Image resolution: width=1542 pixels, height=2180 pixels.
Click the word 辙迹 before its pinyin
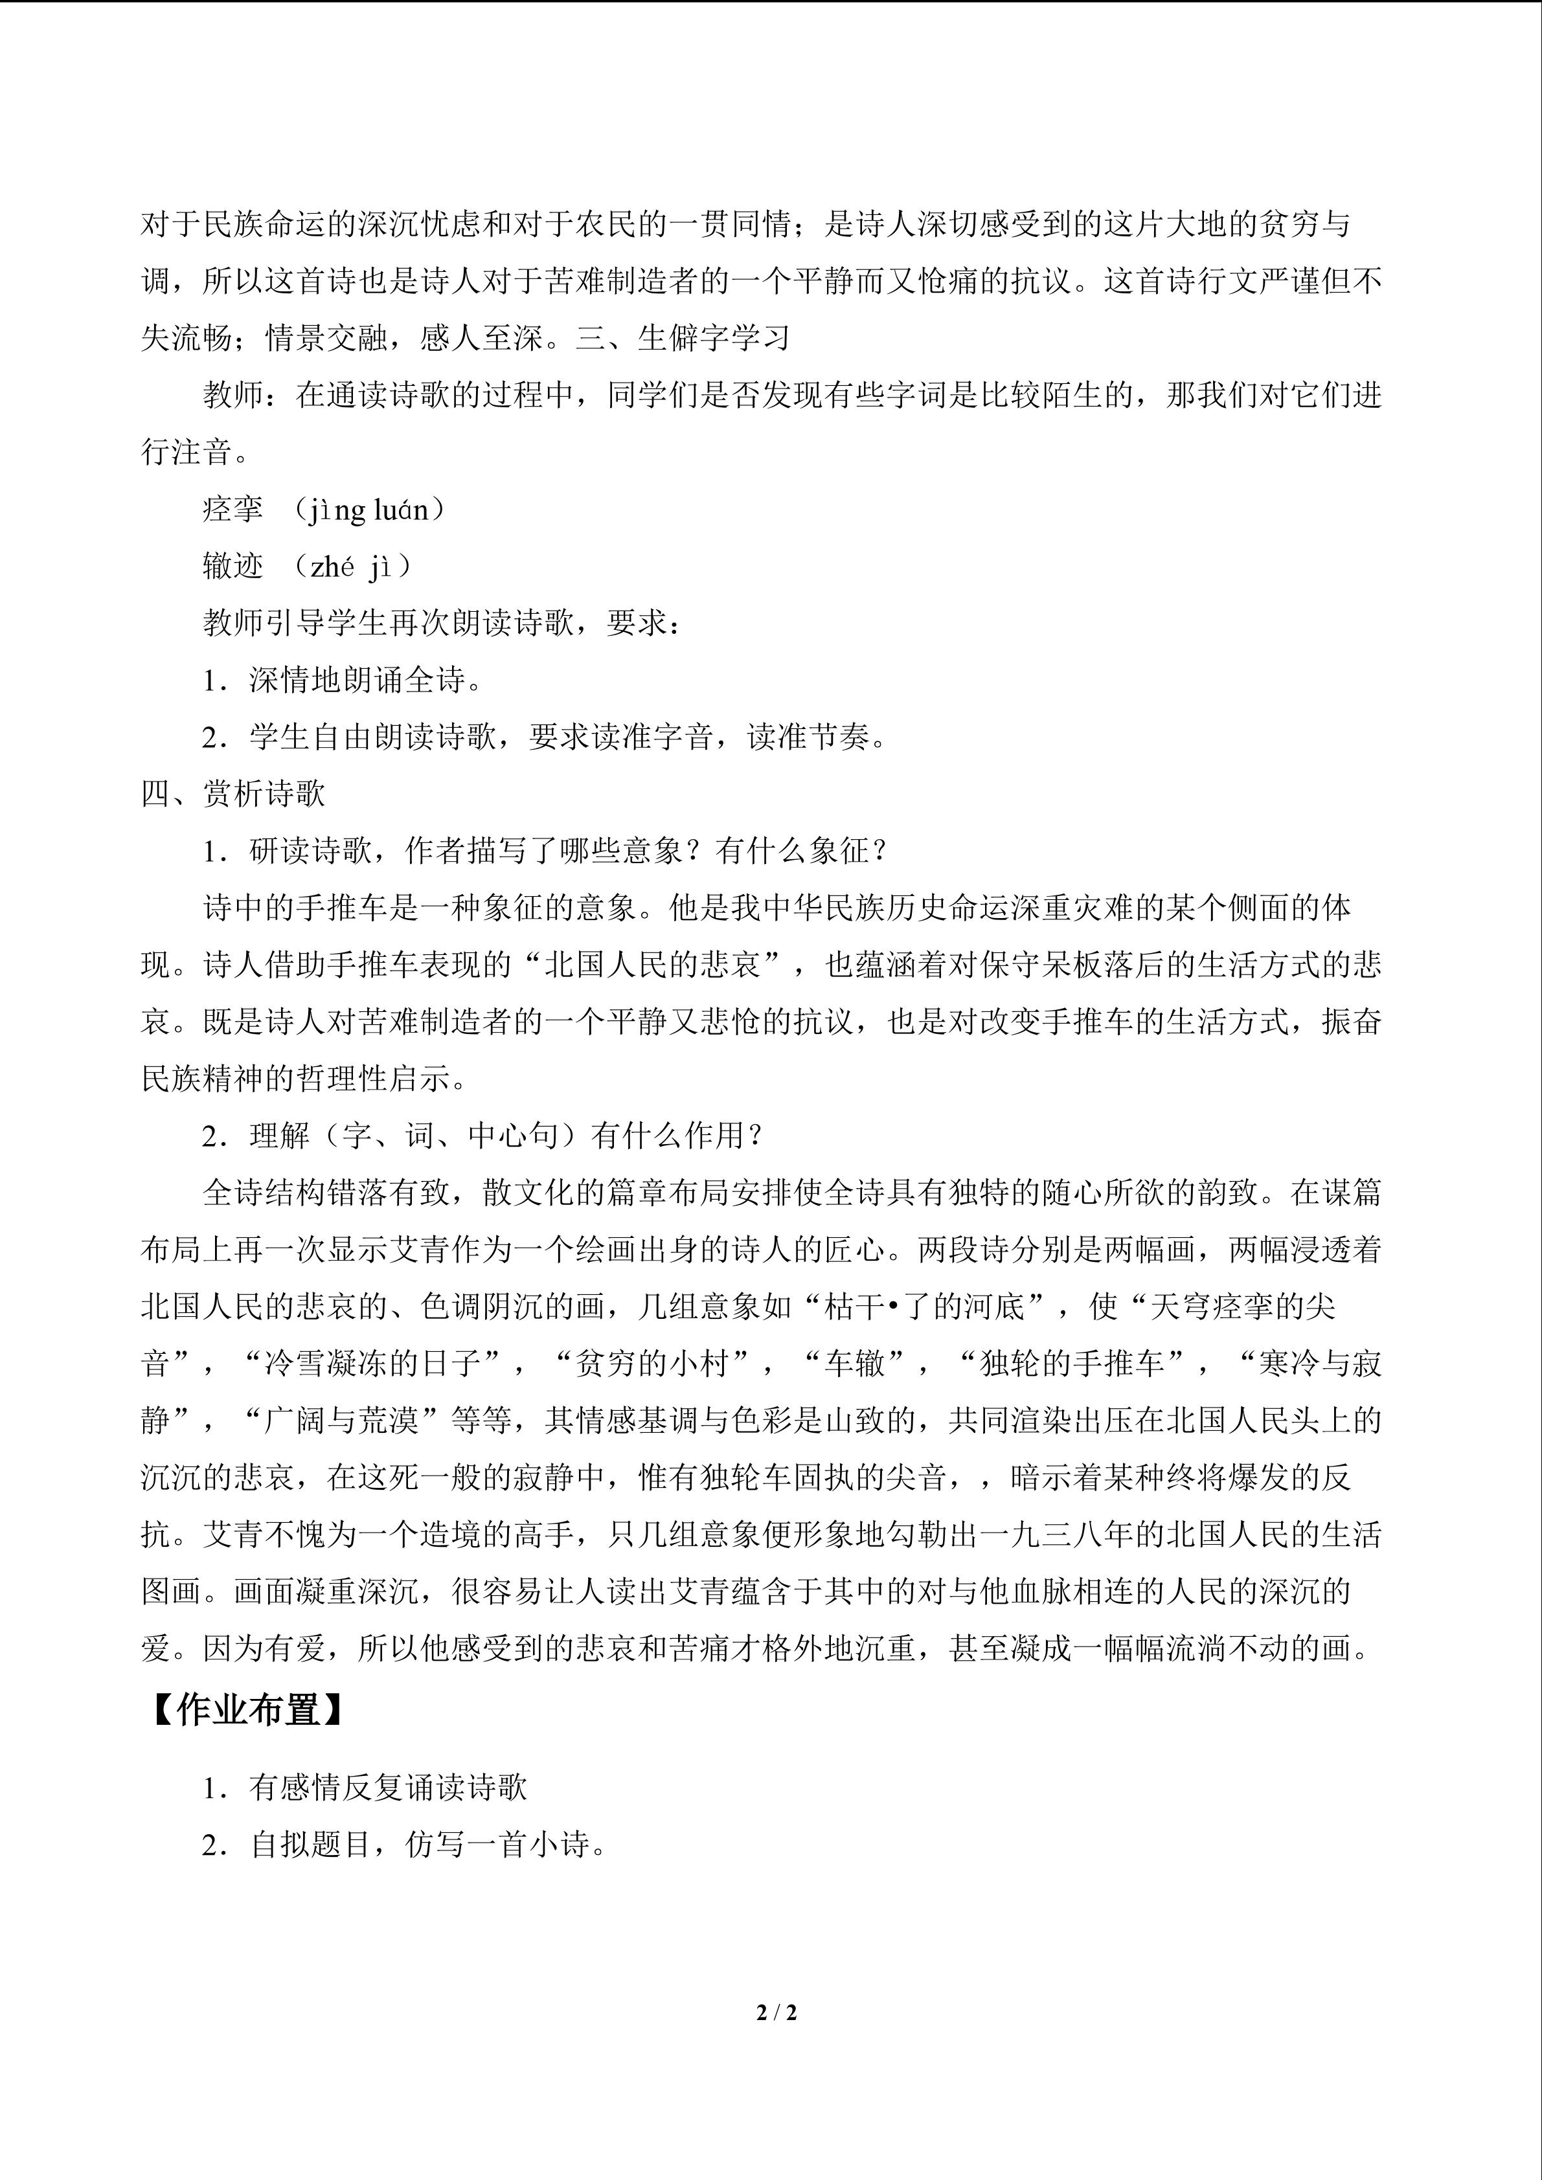coord(232,567)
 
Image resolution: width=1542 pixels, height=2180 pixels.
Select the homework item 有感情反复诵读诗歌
coord(387,1788)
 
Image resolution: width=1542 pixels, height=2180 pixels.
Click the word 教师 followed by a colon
coord(232,395)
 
